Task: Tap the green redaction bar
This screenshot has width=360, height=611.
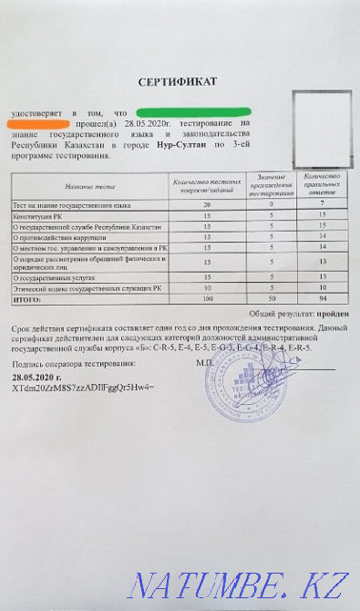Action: click(173, 111)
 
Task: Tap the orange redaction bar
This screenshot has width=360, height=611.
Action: click(37, 122)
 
